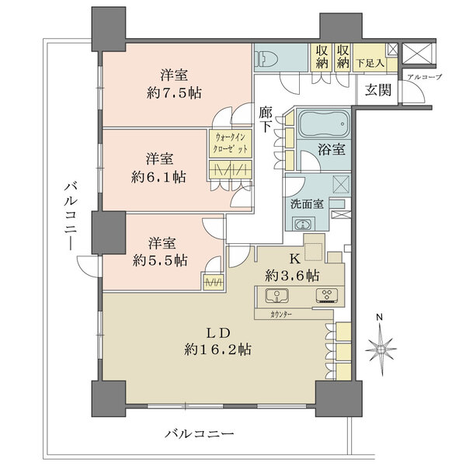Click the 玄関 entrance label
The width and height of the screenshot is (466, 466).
(x=369, y=89)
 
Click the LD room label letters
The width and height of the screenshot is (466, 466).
(x=215, y=332)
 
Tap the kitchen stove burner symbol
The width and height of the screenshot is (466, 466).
(x=325, y=295)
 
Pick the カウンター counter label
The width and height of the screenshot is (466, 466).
(x=282, y=314)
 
